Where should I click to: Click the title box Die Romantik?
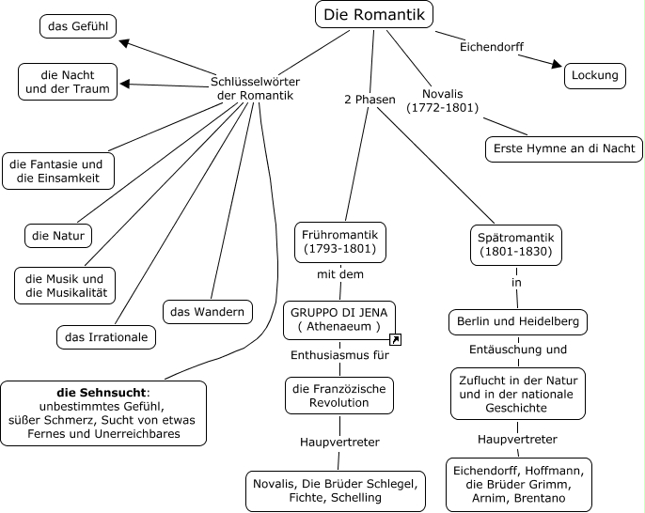pyautogui.click(x=373, y=14)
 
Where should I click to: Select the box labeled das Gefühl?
pyautogui.click(x=78, y=26)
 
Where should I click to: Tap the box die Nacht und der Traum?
pyautogui.click(x=69, y=82)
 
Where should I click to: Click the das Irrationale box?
pyautogui.click(x=105, y=335)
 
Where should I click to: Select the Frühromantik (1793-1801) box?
pyautogui.click(x=340, y=241)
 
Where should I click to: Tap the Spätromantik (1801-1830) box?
pyautogui.click(x=515, y=244)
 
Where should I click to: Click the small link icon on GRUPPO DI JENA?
pyautogui.click(x=396, y=339)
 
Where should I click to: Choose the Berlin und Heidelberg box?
pyautogui.click(x=518, y=321)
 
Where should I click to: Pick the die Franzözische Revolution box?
pyautogui.click(x=339, y=395)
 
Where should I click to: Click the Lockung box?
pyautogui.click(x=595, y=75)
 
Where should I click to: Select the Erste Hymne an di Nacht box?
pyautogui.click(x=564, y=148)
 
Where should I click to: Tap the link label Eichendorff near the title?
pyautogui.click(x=491, y=46)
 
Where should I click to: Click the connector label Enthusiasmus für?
pyautogui.click(x=339, y=355)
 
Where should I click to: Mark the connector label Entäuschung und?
pyautogui.click(x=518, y=350)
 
